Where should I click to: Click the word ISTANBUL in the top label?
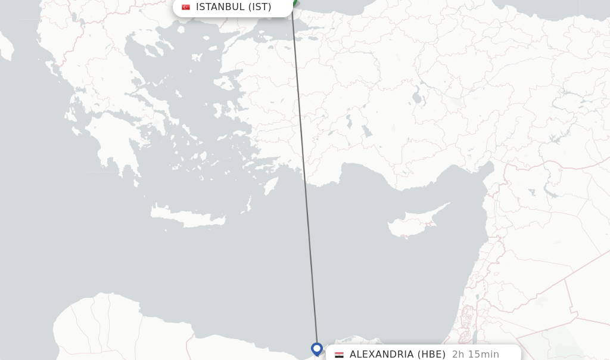(220, 7)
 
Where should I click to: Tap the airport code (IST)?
(260, 7)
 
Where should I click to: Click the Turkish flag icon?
(186, 7)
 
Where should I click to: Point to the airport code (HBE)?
(431, 354)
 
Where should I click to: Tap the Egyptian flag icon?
(339, 355)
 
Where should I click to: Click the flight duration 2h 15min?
(475, 354)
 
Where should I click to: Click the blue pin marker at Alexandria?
(317, 349)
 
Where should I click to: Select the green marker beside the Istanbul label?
(294, 4)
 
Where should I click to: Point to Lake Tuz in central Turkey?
(416, 94)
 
